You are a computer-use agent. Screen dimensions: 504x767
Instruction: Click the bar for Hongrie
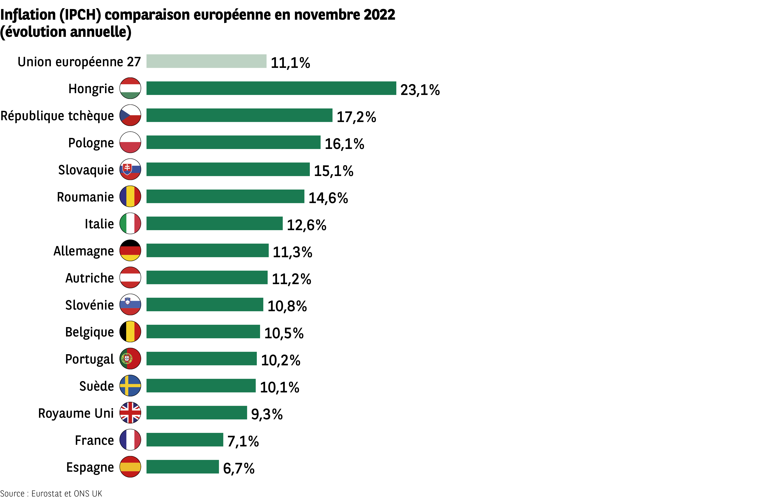pos(271,88)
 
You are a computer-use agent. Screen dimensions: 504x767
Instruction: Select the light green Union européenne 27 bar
pos(206,61)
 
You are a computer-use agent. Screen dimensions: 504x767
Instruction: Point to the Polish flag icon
pos(130,142)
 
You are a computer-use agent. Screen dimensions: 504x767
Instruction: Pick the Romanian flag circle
pos(130,196)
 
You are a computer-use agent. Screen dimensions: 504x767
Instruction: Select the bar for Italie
pos(214,223)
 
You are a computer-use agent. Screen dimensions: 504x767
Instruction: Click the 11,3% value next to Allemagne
pos(292,252)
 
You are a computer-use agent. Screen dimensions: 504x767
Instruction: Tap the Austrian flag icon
pos(130,277)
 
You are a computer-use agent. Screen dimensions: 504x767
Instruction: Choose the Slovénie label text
pos(89,305)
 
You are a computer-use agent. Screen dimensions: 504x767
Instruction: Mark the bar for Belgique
pos(203,332)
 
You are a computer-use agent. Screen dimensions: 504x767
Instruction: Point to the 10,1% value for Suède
pos(279,387)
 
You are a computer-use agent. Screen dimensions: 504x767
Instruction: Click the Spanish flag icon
pos(130,467)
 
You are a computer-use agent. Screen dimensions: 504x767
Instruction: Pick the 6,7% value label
pos(238,469)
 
